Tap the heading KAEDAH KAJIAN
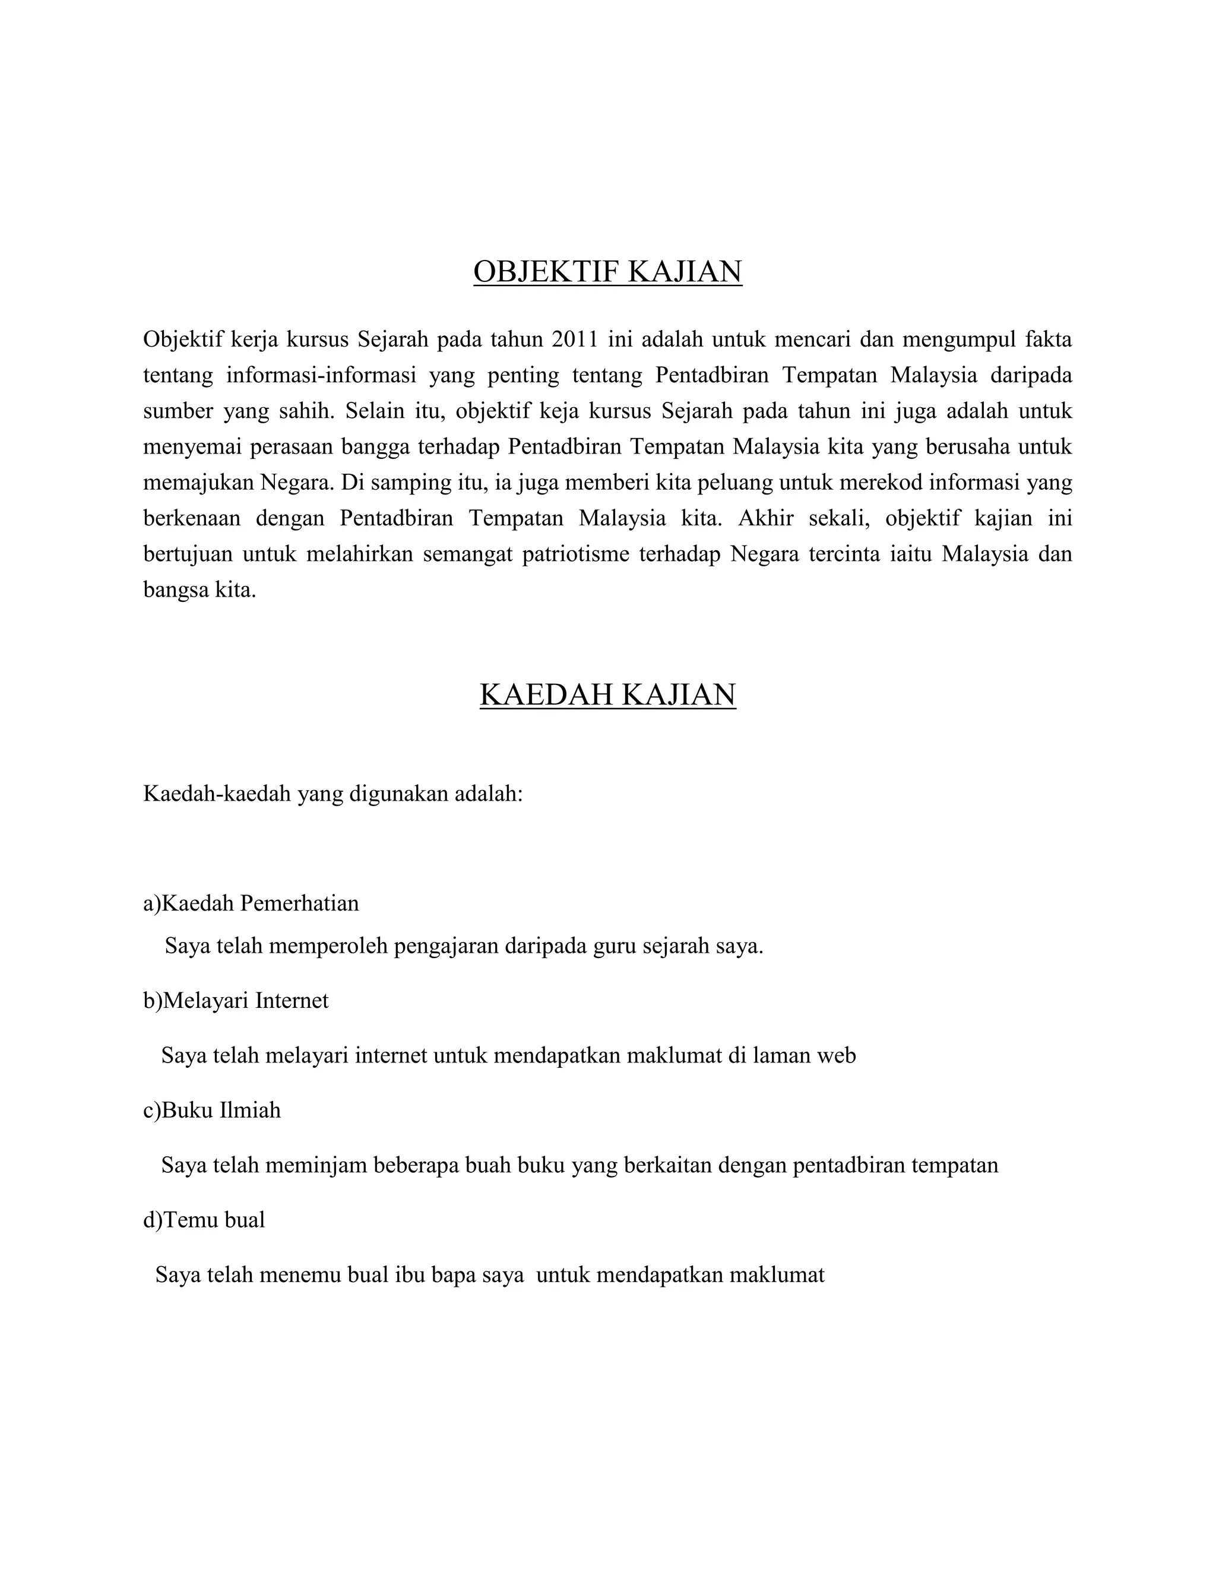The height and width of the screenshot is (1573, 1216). point(607,695)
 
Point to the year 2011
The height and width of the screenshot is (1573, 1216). point(574,339)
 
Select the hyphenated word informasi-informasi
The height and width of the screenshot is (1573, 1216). point(321,375)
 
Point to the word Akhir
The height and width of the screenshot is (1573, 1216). point(766,519)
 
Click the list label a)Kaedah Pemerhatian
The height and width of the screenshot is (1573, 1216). point(251,903)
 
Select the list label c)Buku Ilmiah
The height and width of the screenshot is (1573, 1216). point(212,1110)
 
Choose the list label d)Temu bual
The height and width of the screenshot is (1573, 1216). point(204,1219)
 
